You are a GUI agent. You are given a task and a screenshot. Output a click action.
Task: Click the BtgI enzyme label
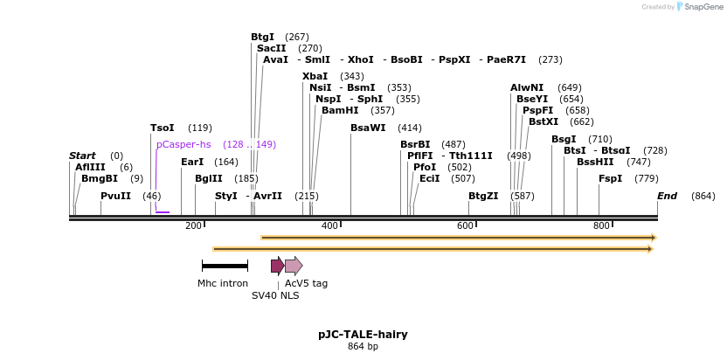tap(262, 37)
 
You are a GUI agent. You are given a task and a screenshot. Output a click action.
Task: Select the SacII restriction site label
tap(271, 48)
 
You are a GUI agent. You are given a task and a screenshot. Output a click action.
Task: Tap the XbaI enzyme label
tap(315, 76)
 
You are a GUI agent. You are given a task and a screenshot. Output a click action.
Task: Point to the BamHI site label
tap(340, 110)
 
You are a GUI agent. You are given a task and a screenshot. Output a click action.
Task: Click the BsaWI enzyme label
tap(367, 128)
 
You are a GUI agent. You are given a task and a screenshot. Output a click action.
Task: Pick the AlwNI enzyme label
tap(527, 87)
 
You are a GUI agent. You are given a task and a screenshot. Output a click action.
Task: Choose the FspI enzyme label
tap(610, 178)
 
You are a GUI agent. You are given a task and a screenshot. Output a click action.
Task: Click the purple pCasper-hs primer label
tap(183, 144)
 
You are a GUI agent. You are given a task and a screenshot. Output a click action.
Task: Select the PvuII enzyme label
tap(115, 196)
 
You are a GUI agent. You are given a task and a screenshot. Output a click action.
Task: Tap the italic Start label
tap(82, 156)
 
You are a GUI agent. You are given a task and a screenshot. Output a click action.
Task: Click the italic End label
tap(667, 196)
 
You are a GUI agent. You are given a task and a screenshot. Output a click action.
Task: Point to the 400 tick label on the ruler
tap(329, 226)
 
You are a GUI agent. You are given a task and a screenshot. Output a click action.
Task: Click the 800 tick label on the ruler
tap(601, 226)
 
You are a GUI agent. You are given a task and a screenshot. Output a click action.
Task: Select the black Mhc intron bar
tap(225, 265)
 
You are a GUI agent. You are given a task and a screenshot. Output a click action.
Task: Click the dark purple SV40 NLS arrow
tap(277, 266)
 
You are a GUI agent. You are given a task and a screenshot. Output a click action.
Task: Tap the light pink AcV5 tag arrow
tap(294, 266)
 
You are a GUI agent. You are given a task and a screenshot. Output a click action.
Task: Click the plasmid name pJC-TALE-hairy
tap(363, 334)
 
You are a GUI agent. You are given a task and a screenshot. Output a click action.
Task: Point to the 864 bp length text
tap(363, 346)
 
